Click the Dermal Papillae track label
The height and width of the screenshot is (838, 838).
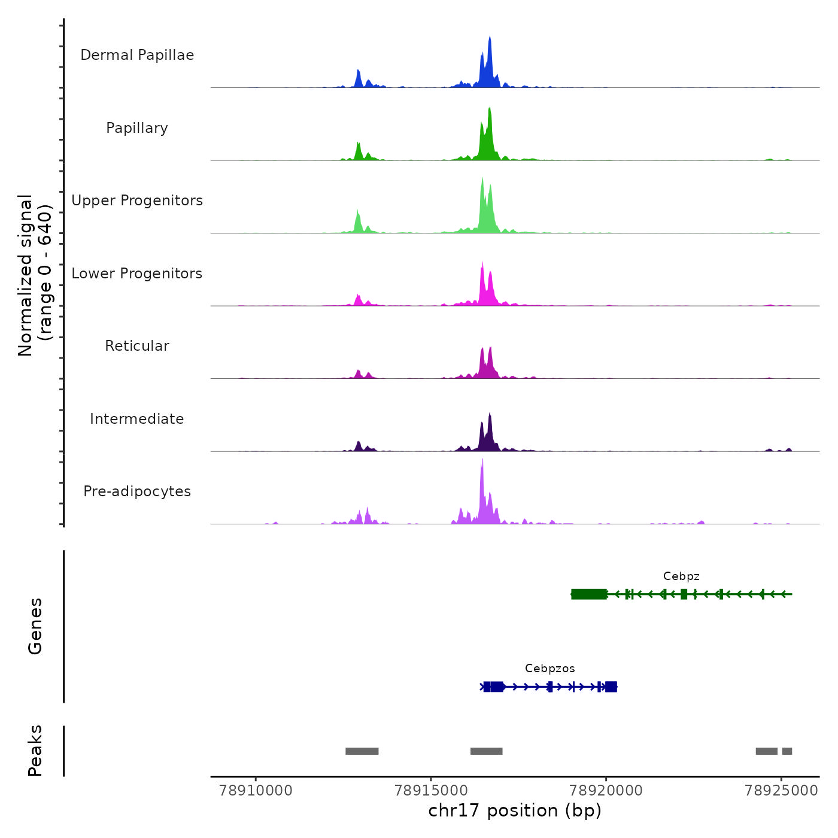(x=137, y=55)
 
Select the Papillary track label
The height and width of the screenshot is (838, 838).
(x=137, y=128)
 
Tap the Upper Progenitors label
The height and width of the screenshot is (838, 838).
(x=137, y=201)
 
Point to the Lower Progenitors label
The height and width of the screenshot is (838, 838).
(x=137, y=274)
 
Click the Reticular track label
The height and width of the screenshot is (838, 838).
(x=137, y=346)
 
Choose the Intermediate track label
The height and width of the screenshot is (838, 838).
(x=137, y=419)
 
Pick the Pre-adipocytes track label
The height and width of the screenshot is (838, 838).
(x=137, y=491)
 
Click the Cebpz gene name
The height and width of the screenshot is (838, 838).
(x=681, y=576)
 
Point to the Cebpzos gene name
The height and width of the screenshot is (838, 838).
(x=549, y=669)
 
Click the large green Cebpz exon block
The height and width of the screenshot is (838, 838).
(x=589, y=594)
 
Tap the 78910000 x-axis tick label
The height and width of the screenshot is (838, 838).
(x=256, y=791)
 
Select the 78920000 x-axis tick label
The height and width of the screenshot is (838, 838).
(x=606, y=791)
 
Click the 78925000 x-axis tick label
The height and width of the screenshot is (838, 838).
(x=781, y=791)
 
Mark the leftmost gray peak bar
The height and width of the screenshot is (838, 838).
(x=362, y=751)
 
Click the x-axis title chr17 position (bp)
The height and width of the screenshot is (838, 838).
(x=515, y=810)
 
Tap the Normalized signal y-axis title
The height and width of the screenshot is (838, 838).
(x=35, y=275)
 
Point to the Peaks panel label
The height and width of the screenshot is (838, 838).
(x=35, y=751)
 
